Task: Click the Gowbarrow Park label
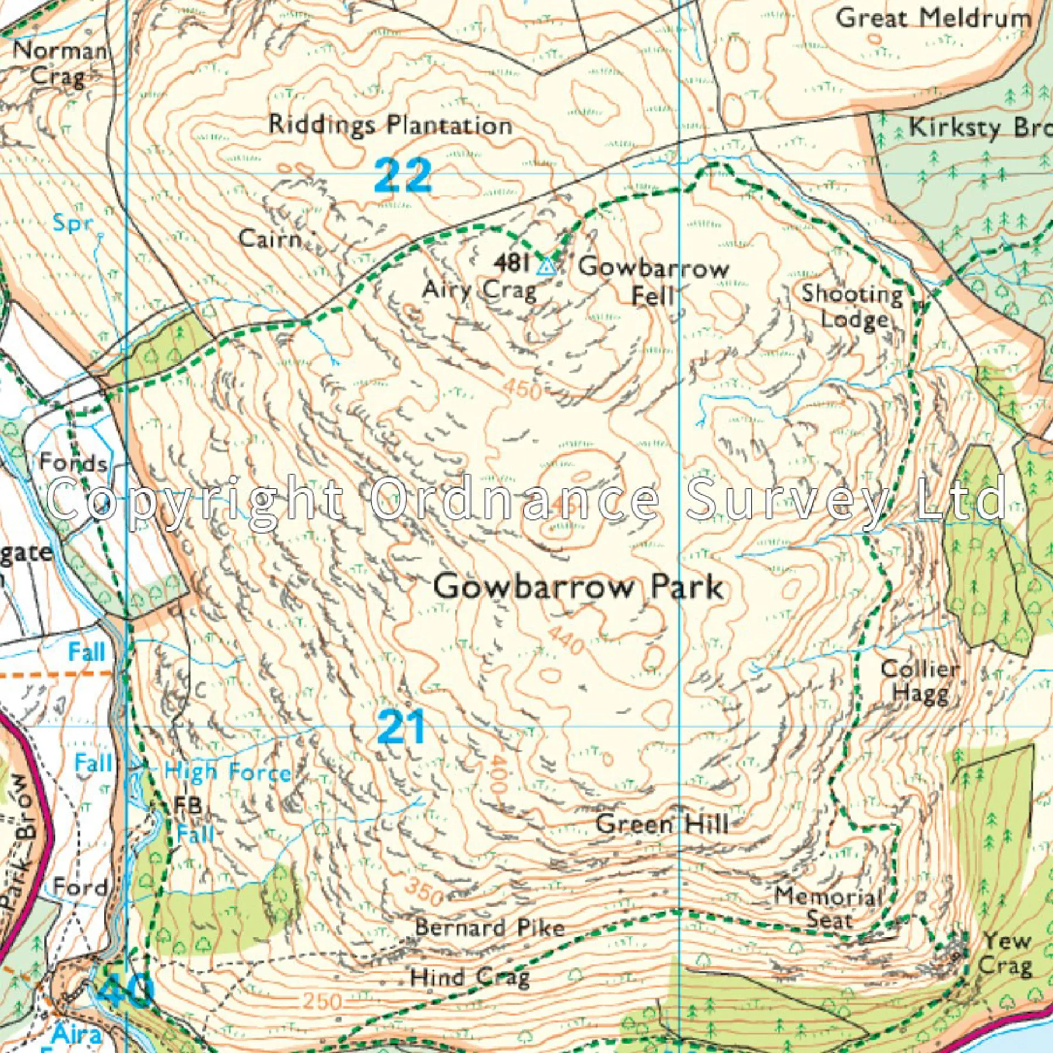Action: (579, 587)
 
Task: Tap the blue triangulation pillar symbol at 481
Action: (545, 267)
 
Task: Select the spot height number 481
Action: (511, 263)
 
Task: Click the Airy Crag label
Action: (479, 290)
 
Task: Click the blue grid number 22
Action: (403, 175)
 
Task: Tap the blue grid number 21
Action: (401, 726)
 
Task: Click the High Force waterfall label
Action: (228, 772)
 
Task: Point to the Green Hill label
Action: (663, 824)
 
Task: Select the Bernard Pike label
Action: (490, 927)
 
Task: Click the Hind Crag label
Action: (470, 977)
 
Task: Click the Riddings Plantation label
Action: (390, 125)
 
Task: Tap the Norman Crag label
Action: (59, 63)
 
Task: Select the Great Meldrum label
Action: (933, 19)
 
